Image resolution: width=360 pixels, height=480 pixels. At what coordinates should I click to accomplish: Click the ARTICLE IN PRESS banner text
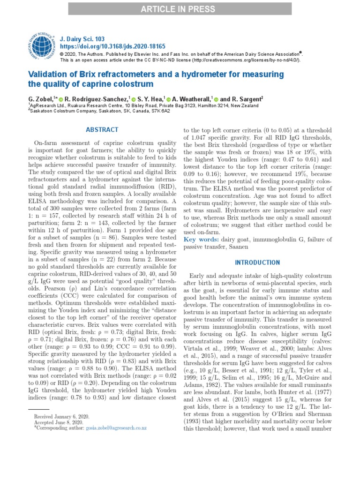coord(180,8)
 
